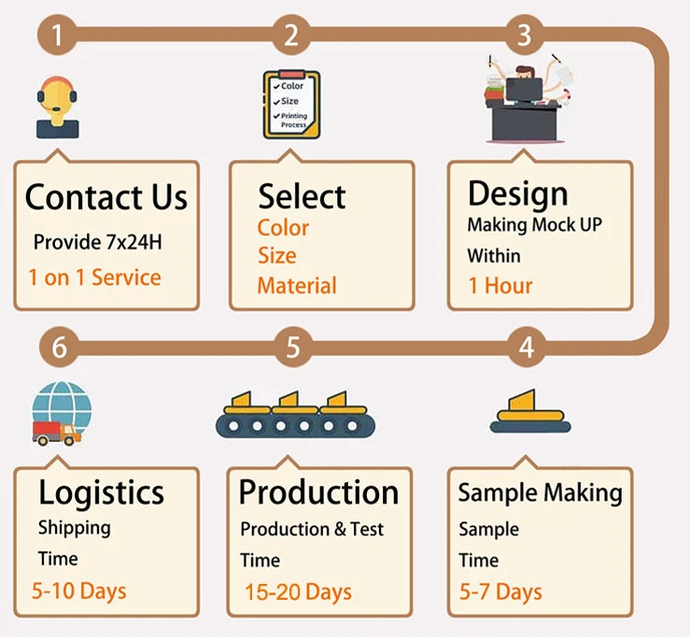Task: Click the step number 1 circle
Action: (58, 36)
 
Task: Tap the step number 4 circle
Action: (526, 348)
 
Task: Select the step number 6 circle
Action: (59, 348)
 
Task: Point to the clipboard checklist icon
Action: (291, 105)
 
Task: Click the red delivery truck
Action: (54, 432)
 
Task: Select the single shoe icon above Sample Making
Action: (529, 411)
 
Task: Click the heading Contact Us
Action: (106, 197)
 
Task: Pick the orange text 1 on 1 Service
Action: (94, 277)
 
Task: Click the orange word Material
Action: (297, 286)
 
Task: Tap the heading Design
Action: (517, 193)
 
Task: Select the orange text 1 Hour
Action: (500, 285)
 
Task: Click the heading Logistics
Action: (101, 492)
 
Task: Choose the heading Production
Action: (318, 492)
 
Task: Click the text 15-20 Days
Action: (298, 591)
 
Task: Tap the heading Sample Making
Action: (540, 493)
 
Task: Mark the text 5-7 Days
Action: (500, 591)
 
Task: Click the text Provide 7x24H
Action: (97, 242)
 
